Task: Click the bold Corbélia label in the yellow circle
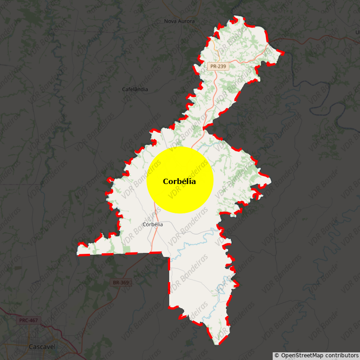coord(180,181)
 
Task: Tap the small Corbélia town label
coord(153,224)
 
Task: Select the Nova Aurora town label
coord(180,21)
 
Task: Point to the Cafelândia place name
coord(135,89)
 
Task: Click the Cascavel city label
coord(42,347)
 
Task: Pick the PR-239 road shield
coord(218,66)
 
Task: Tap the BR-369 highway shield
coord(121,283)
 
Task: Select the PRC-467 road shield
coord(29,321)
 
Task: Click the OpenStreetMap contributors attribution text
coord(319,355)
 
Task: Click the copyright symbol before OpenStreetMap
coord(277,355)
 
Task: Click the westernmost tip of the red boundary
coord(78,254)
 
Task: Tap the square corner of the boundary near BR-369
coord(169,258)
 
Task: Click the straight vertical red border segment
coord(169,283)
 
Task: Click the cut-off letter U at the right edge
coord(358,32)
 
